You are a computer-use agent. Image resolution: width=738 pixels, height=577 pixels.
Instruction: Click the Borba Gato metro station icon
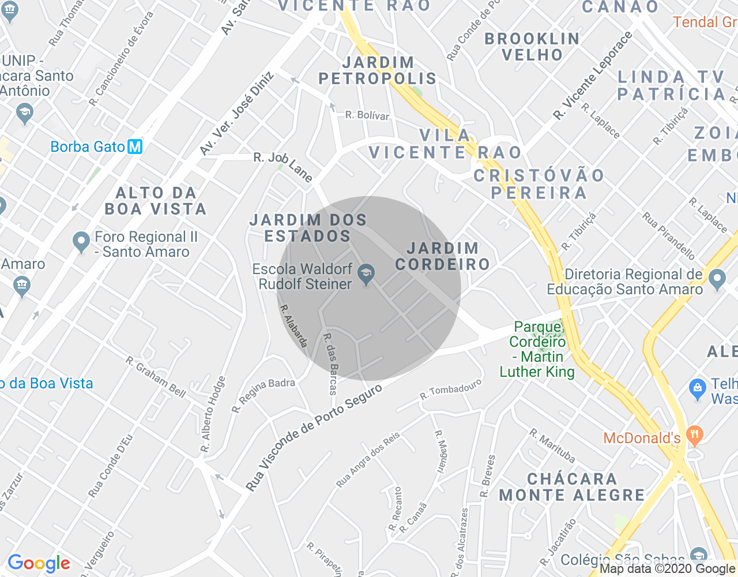click(x=135, y=147)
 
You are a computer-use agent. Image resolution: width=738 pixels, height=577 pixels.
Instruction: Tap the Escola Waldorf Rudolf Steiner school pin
click(x=366, y=275)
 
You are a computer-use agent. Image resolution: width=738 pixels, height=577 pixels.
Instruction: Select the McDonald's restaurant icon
click(x=695, y=437)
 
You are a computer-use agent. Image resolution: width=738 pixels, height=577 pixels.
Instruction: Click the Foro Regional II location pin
click(x=81, y=242)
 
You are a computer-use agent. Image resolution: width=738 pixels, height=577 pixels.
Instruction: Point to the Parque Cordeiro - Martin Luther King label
click(x=537, y=350)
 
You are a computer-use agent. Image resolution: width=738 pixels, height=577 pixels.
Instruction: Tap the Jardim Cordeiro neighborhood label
click(x=442, y=256)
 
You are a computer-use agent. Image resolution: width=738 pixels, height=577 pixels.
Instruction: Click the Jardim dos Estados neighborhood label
click(x=308, y=228)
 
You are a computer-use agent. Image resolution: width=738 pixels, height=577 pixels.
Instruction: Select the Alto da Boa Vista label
click(x=156, y=201)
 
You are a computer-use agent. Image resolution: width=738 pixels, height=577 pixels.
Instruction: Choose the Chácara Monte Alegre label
click(x=572, y=487)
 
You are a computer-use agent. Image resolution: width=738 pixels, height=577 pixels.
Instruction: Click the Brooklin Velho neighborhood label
click(x=532, y=47)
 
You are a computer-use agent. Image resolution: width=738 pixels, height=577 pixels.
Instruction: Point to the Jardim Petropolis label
click(x=378, y=70)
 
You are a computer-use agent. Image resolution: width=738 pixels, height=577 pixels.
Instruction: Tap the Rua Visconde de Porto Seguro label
click(x=314, y=437)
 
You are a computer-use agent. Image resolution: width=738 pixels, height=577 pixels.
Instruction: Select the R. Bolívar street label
click(x=367, y=115)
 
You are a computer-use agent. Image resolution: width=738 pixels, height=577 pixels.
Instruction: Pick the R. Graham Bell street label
click(x=156, y=377)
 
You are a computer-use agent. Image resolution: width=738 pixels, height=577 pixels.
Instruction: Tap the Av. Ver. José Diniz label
click(x=236, y=114)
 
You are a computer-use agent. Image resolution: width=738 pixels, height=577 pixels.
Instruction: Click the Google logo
click(x=39, y=563)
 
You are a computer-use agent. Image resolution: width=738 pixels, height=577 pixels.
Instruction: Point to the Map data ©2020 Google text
click(x=667, y=568)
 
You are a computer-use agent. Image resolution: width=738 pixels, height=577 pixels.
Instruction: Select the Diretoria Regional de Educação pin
click(x=717, y=280)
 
